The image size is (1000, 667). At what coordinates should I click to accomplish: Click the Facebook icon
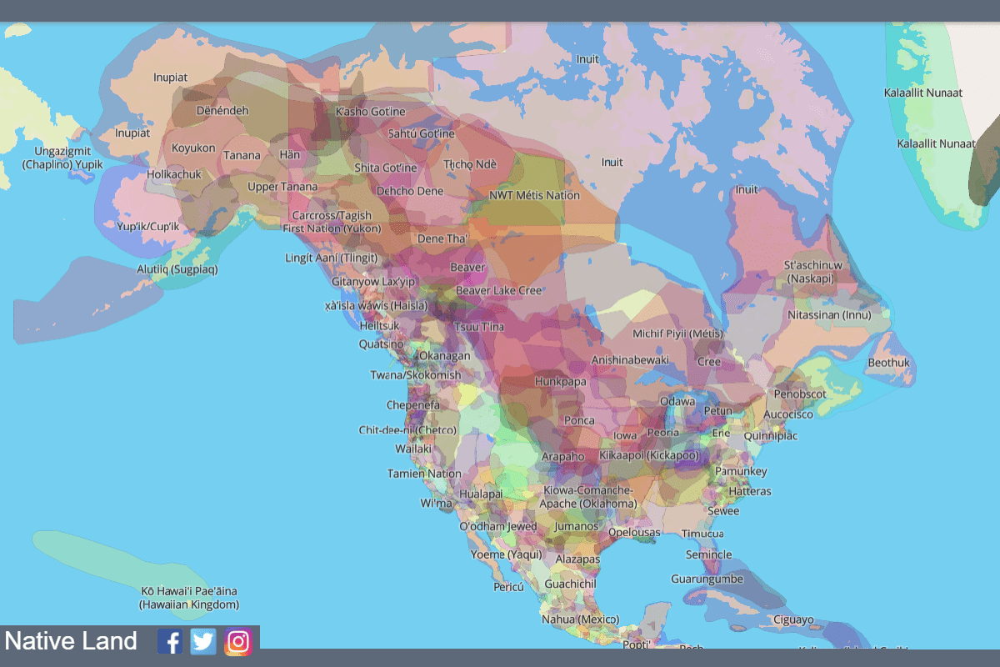tap(170, 641)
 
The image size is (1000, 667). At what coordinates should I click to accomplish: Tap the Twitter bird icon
tap(203, 641)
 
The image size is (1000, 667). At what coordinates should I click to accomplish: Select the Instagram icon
tap(238, 641)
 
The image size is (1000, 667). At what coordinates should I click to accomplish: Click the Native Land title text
tap(71, 641)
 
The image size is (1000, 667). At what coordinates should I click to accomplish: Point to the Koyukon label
tap(193, 148)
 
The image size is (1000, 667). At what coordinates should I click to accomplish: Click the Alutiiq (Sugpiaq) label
tap(177, 269)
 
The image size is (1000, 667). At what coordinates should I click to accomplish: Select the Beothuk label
tap(888, 364)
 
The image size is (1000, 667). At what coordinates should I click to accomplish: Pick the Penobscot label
tap(800, 394)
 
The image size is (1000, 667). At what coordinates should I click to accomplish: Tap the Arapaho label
tap(563, 458)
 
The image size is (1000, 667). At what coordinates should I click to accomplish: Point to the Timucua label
tap(702, 534)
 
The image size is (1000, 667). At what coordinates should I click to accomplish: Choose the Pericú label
tap(508, 587)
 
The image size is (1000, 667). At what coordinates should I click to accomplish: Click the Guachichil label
tap(571, 584)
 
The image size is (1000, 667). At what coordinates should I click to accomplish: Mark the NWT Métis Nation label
tap(534, 196)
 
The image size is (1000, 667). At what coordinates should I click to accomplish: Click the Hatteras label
tap(749, 492)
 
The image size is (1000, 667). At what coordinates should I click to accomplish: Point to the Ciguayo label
tap(793, 619)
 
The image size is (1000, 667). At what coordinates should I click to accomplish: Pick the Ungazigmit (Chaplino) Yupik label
tap(62, 158)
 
